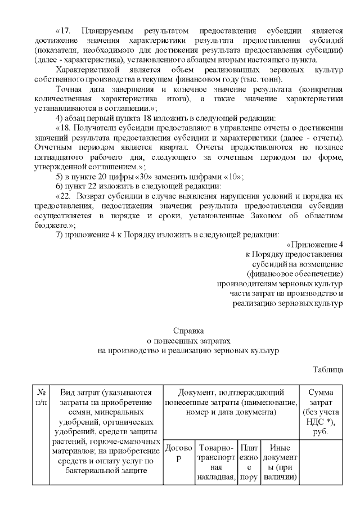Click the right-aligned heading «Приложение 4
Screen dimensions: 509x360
coord(316,245)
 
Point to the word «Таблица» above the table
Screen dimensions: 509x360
coord(328,370)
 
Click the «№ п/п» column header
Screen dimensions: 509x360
coord(40,397)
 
